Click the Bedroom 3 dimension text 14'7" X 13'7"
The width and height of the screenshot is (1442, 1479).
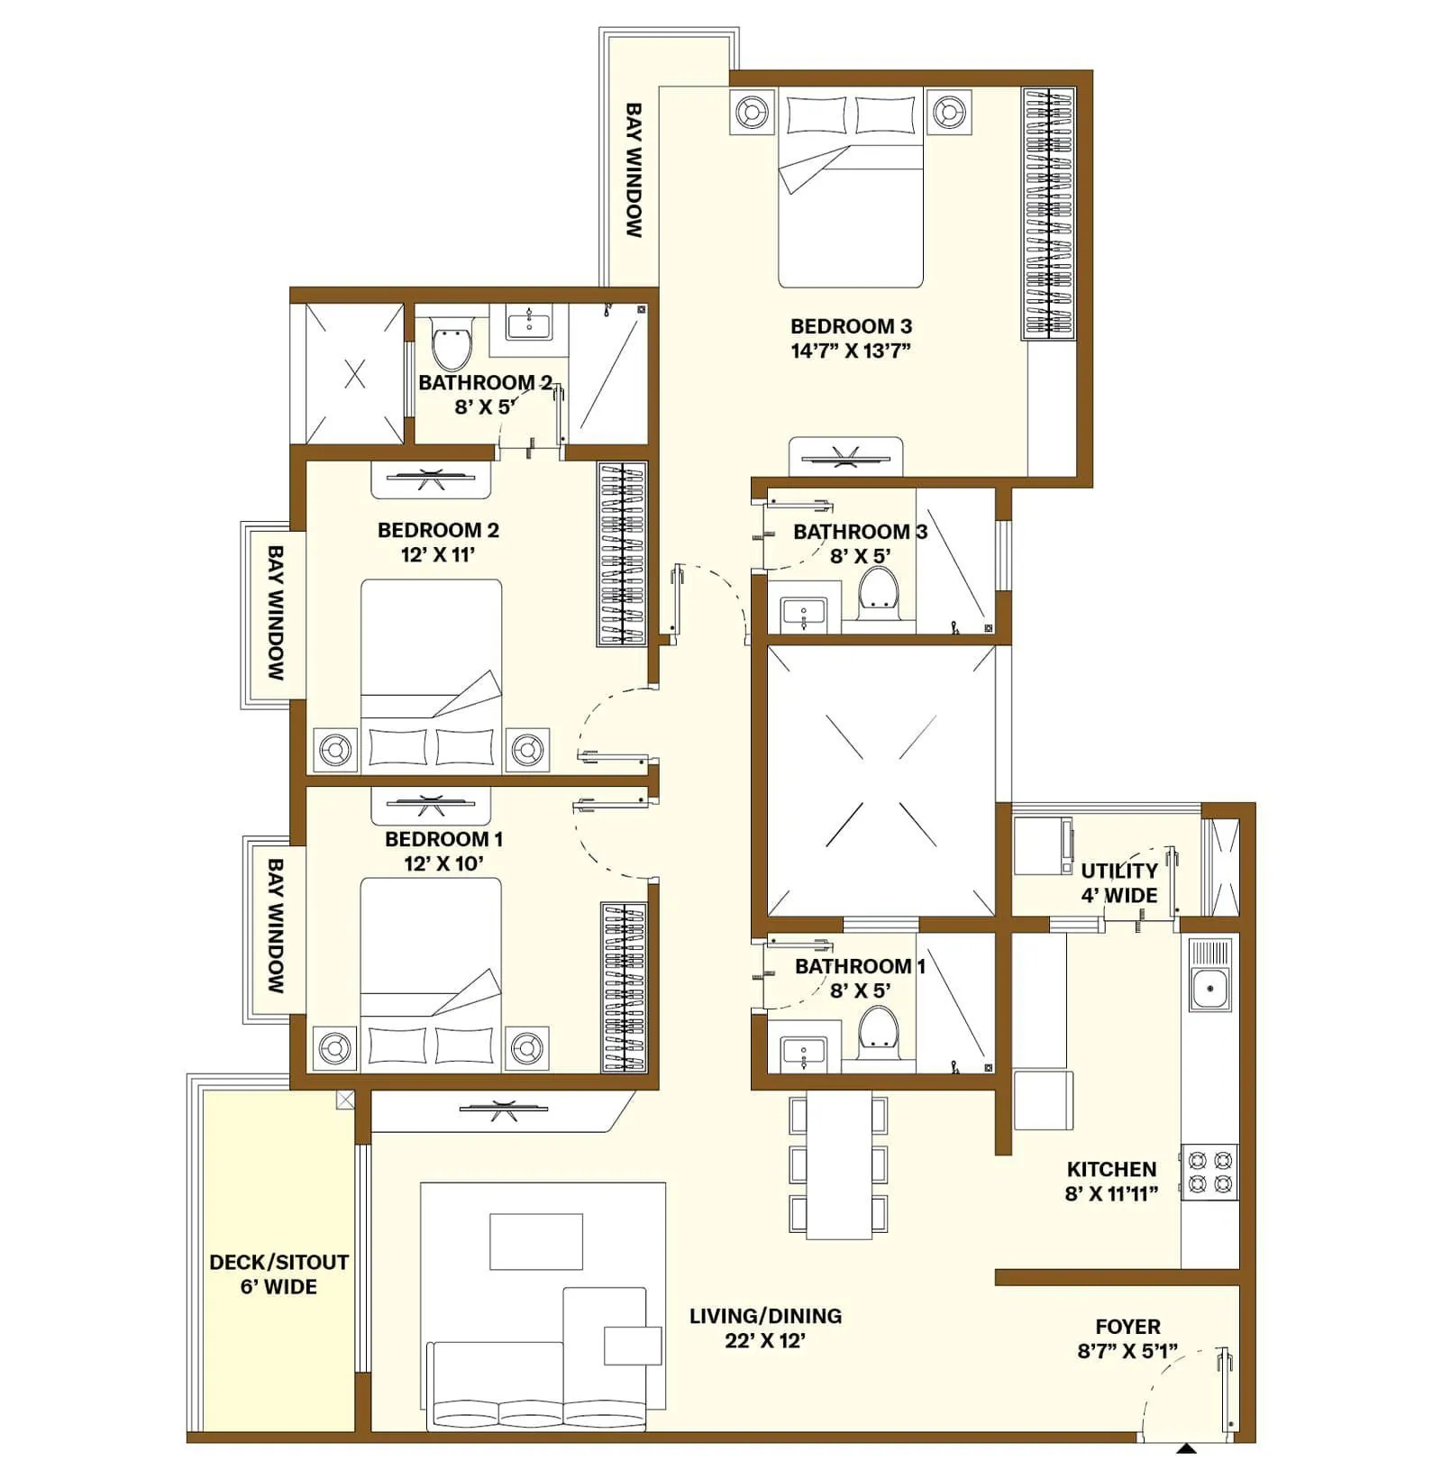tap(850, 351)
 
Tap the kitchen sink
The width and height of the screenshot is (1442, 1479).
tap(1209, 990)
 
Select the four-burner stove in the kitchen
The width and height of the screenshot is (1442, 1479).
tap(1209, 1172)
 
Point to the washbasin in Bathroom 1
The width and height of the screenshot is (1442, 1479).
tap(803, 1052)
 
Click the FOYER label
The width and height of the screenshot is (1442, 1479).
tap(1127, 1327)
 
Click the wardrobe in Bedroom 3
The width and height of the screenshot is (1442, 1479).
tap(1048, 214)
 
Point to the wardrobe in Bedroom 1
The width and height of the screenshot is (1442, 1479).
tap(624, 988)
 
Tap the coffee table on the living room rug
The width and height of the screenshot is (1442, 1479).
tap(535, 1241)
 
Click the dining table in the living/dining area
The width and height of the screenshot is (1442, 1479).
tap(838, 1164)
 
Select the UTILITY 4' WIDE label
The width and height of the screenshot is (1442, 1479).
tap(1118, 882)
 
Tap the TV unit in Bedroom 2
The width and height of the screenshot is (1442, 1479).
tap(431, 480)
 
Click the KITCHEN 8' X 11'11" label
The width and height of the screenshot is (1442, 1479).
tap(1110, 1181)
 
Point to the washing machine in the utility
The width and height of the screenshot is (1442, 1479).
tap(1043, 845)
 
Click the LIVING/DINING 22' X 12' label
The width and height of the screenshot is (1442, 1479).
tap(765, 1328)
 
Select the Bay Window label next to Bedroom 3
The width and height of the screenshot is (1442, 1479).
tap(634, 169)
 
